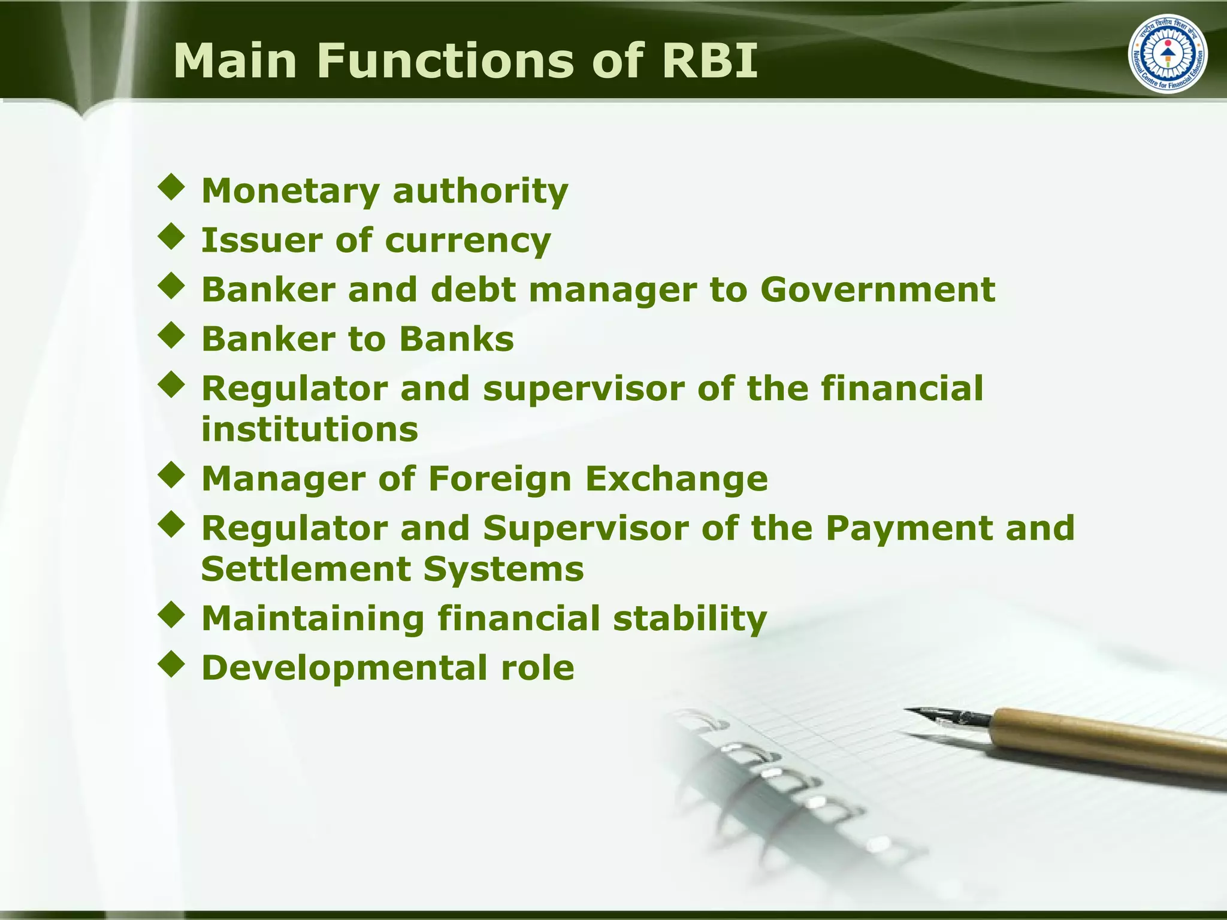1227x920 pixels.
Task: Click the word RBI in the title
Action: (709, 60)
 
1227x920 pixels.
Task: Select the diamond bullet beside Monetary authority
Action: (172, 187)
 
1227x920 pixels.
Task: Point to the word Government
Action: (878, 290)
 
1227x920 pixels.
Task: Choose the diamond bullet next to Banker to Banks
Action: (172, 335)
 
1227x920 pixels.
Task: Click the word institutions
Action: (309, 429)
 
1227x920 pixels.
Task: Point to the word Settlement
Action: (305, 568)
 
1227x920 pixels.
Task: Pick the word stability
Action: (690, 618)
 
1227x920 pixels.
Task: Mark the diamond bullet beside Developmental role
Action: (172, 664)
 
